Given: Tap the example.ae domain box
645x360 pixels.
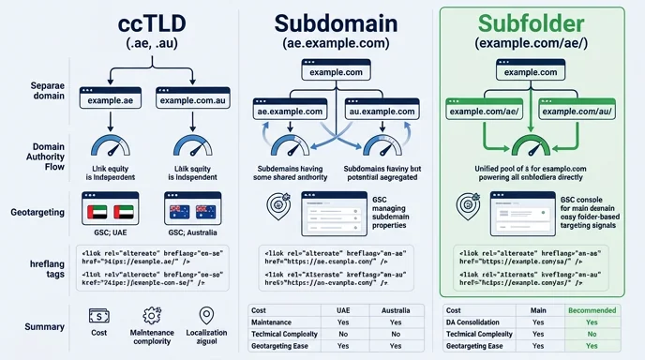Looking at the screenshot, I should pos(113,100).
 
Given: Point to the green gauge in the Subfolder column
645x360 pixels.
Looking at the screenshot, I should pos(532,145).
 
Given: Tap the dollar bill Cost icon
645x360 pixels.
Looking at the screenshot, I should pos(98,318).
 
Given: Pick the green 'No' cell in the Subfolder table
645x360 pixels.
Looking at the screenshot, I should pos(591,333).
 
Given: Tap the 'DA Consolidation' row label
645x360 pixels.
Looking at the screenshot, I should pos(478,321).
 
